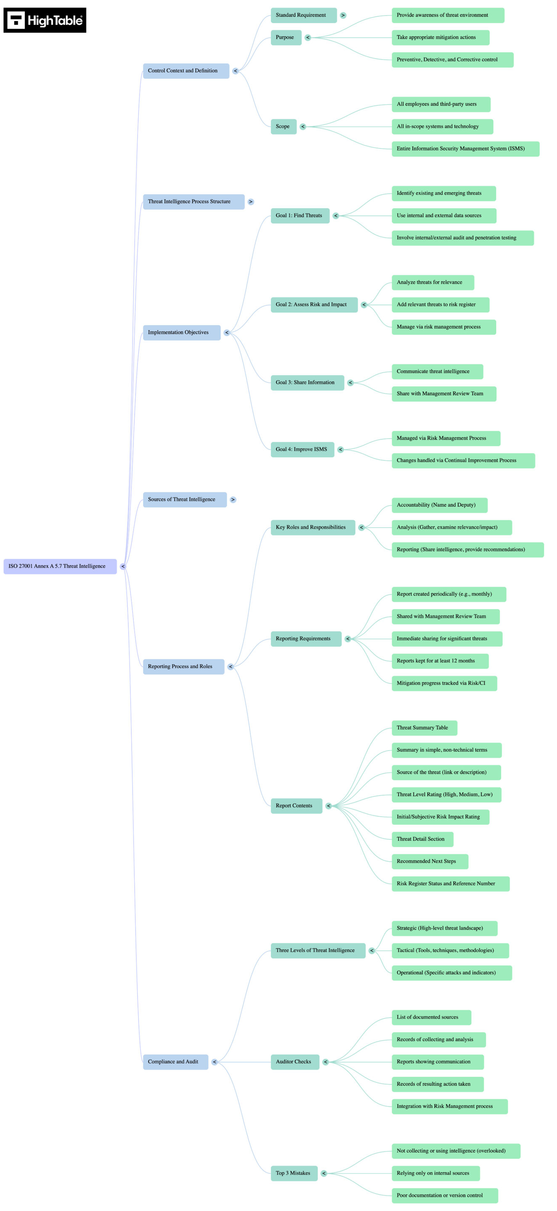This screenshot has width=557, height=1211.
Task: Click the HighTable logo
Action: pos(45,20)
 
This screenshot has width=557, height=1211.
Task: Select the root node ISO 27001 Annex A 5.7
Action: pos(60,566)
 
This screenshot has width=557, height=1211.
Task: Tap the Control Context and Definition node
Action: pos(186,71)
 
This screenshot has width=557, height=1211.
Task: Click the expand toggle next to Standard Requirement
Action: pos(343,15)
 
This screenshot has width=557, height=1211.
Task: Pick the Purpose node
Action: pos(286,37)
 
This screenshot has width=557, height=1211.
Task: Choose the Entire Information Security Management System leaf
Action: pos(465,148)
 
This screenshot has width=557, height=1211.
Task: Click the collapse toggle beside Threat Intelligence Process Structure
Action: pos(251,202)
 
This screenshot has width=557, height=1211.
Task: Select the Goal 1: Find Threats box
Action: pos(300,215)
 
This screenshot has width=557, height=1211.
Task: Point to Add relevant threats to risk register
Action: pos(440,304)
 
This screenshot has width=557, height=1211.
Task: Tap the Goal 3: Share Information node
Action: pos(307,382)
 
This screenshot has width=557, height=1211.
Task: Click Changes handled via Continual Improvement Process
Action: pos(463,460)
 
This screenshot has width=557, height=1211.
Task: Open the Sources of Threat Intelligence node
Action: pos(184,499)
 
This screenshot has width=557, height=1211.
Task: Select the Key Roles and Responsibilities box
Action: pos(313,527)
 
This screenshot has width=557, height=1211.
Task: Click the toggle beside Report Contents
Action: pos(329,806)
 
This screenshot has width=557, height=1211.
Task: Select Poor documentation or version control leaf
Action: pos(444,1195)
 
